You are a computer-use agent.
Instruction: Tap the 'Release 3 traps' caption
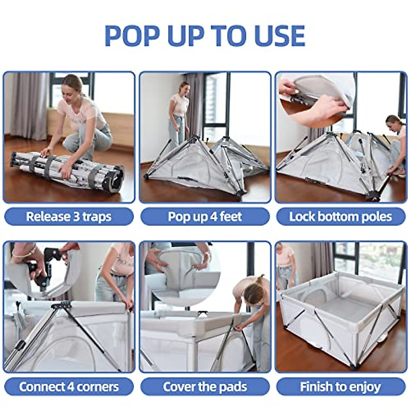coord(69,217)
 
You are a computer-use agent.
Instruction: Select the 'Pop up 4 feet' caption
coord(205,217)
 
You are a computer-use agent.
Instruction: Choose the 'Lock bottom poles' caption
coord(341,217)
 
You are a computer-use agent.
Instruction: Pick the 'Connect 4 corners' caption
coord(69,387)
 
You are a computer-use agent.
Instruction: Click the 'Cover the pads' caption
coord(205,387)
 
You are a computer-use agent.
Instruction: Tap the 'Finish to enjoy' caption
coord(341,387)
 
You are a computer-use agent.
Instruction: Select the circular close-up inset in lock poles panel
coord(316,99)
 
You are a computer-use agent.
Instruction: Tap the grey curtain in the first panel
coord(26,102)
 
